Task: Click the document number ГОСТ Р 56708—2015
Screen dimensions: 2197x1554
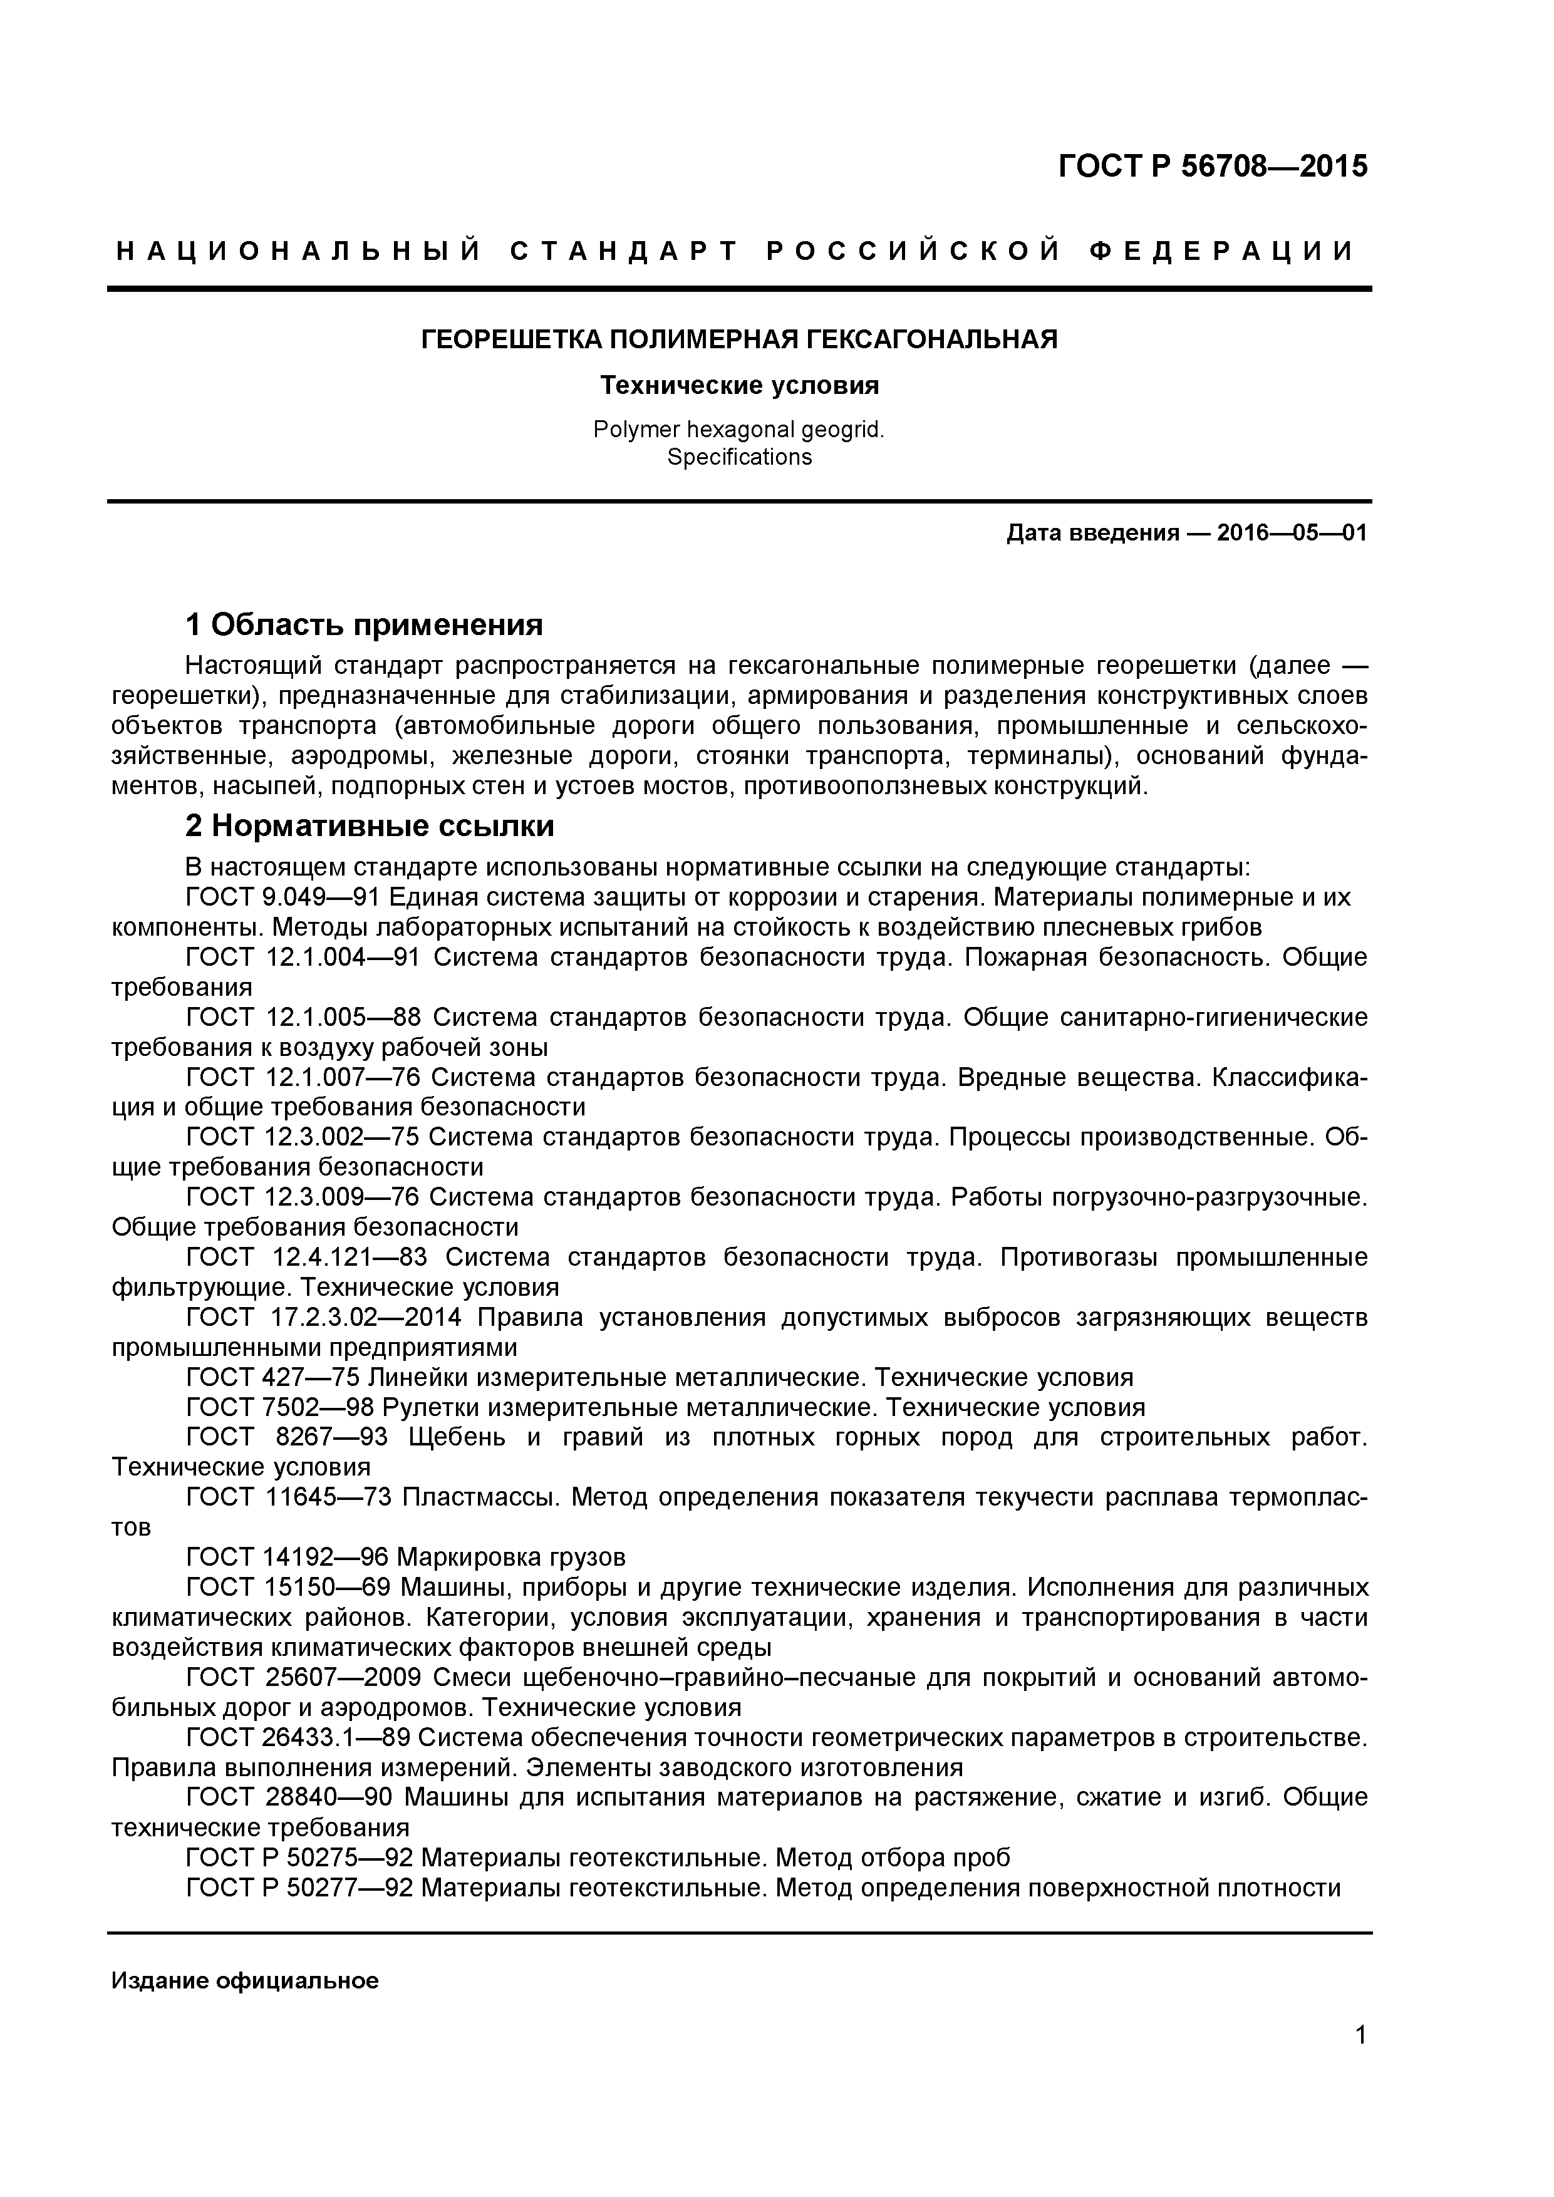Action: point(1213,167)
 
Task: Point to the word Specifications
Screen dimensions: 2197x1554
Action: point(738,457)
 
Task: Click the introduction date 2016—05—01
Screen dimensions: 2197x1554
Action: point(1292,533)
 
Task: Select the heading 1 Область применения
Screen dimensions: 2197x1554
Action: point(364,625)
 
